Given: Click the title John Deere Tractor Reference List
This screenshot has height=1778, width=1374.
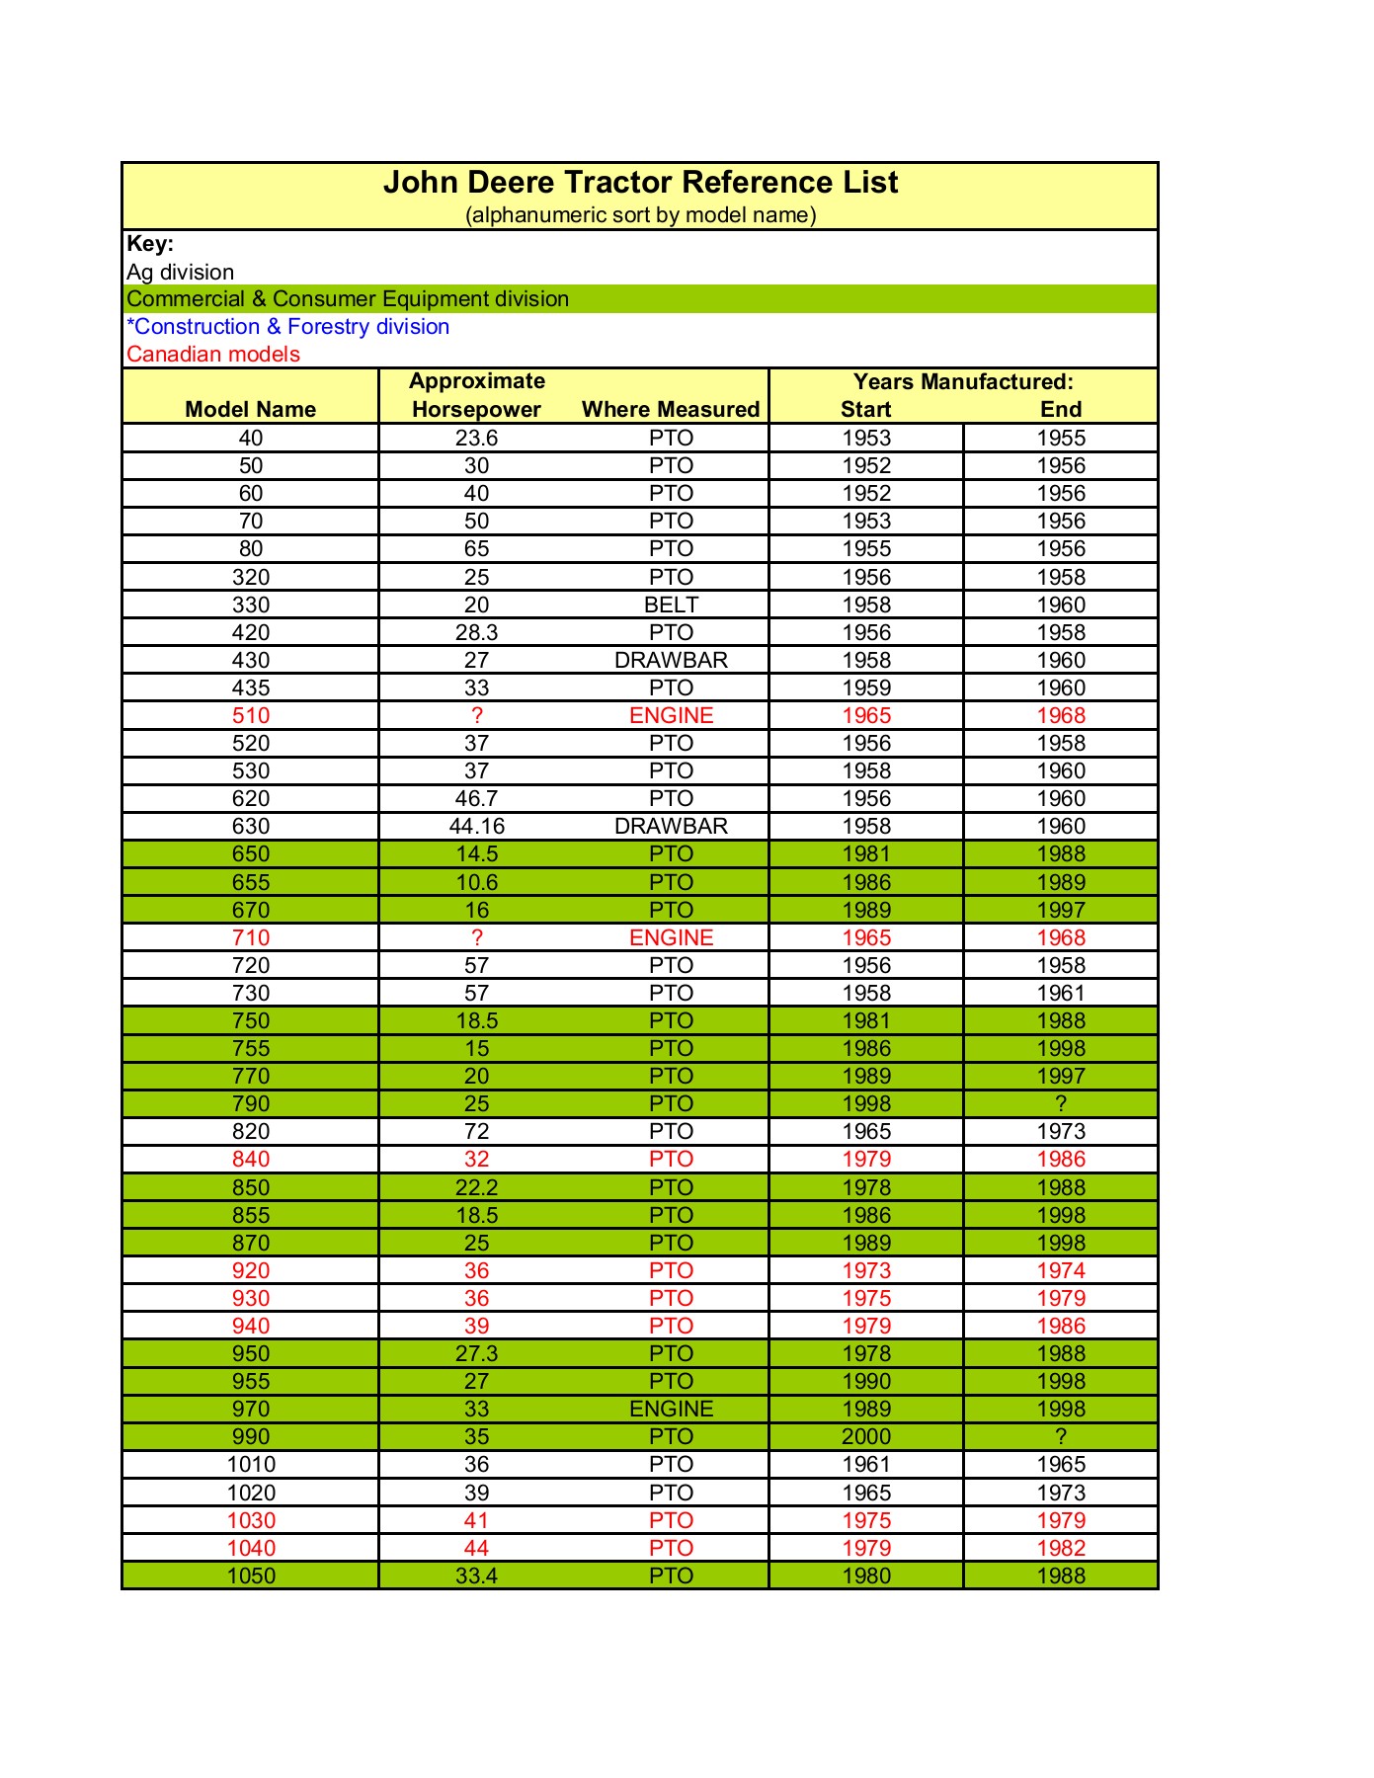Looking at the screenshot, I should tap(640, 183).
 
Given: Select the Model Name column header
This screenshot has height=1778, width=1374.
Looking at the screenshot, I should tap(251, 410).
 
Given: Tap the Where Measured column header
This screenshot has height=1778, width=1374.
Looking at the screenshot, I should tap(671, 410).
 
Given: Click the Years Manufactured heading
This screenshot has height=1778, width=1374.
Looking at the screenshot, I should tap(963, 382).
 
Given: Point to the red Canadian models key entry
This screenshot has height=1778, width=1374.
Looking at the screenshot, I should tap(213, 355).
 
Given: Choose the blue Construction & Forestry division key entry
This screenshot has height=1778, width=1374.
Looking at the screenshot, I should tap(288, 327).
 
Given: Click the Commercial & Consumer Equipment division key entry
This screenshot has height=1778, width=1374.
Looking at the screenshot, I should tap(348, 299).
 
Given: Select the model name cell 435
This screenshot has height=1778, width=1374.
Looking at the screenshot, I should tap(251, 688).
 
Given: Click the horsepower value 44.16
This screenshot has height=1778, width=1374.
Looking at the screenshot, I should tap(476, 827).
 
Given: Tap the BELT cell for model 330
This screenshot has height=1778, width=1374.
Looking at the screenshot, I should tap(671, 606).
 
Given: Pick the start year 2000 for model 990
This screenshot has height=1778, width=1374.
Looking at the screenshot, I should tap(866, 1437).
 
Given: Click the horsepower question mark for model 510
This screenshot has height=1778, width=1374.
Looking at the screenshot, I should tap(476, 716).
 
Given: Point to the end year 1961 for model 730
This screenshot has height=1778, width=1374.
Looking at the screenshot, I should tap(1061, 994).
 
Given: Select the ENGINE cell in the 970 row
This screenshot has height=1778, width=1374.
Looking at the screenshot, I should tap(671, 1410).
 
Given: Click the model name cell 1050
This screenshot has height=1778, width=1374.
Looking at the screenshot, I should tap(251, 1576).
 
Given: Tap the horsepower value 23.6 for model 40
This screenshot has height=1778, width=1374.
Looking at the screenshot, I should tap(476, 439).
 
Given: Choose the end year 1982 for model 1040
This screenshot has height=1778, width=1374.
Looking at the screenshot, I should tap(1061, 1549).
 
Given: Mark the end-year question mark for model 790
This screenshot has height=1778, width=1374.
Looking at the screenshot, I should tap(1061, 1104).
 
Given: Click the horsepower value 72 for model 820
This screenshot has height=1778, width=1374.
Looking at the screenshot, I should tap(476, 1132).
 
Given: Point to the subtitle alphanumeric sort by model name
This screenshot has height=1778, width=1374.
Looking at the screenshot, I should tap(640, 215).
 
